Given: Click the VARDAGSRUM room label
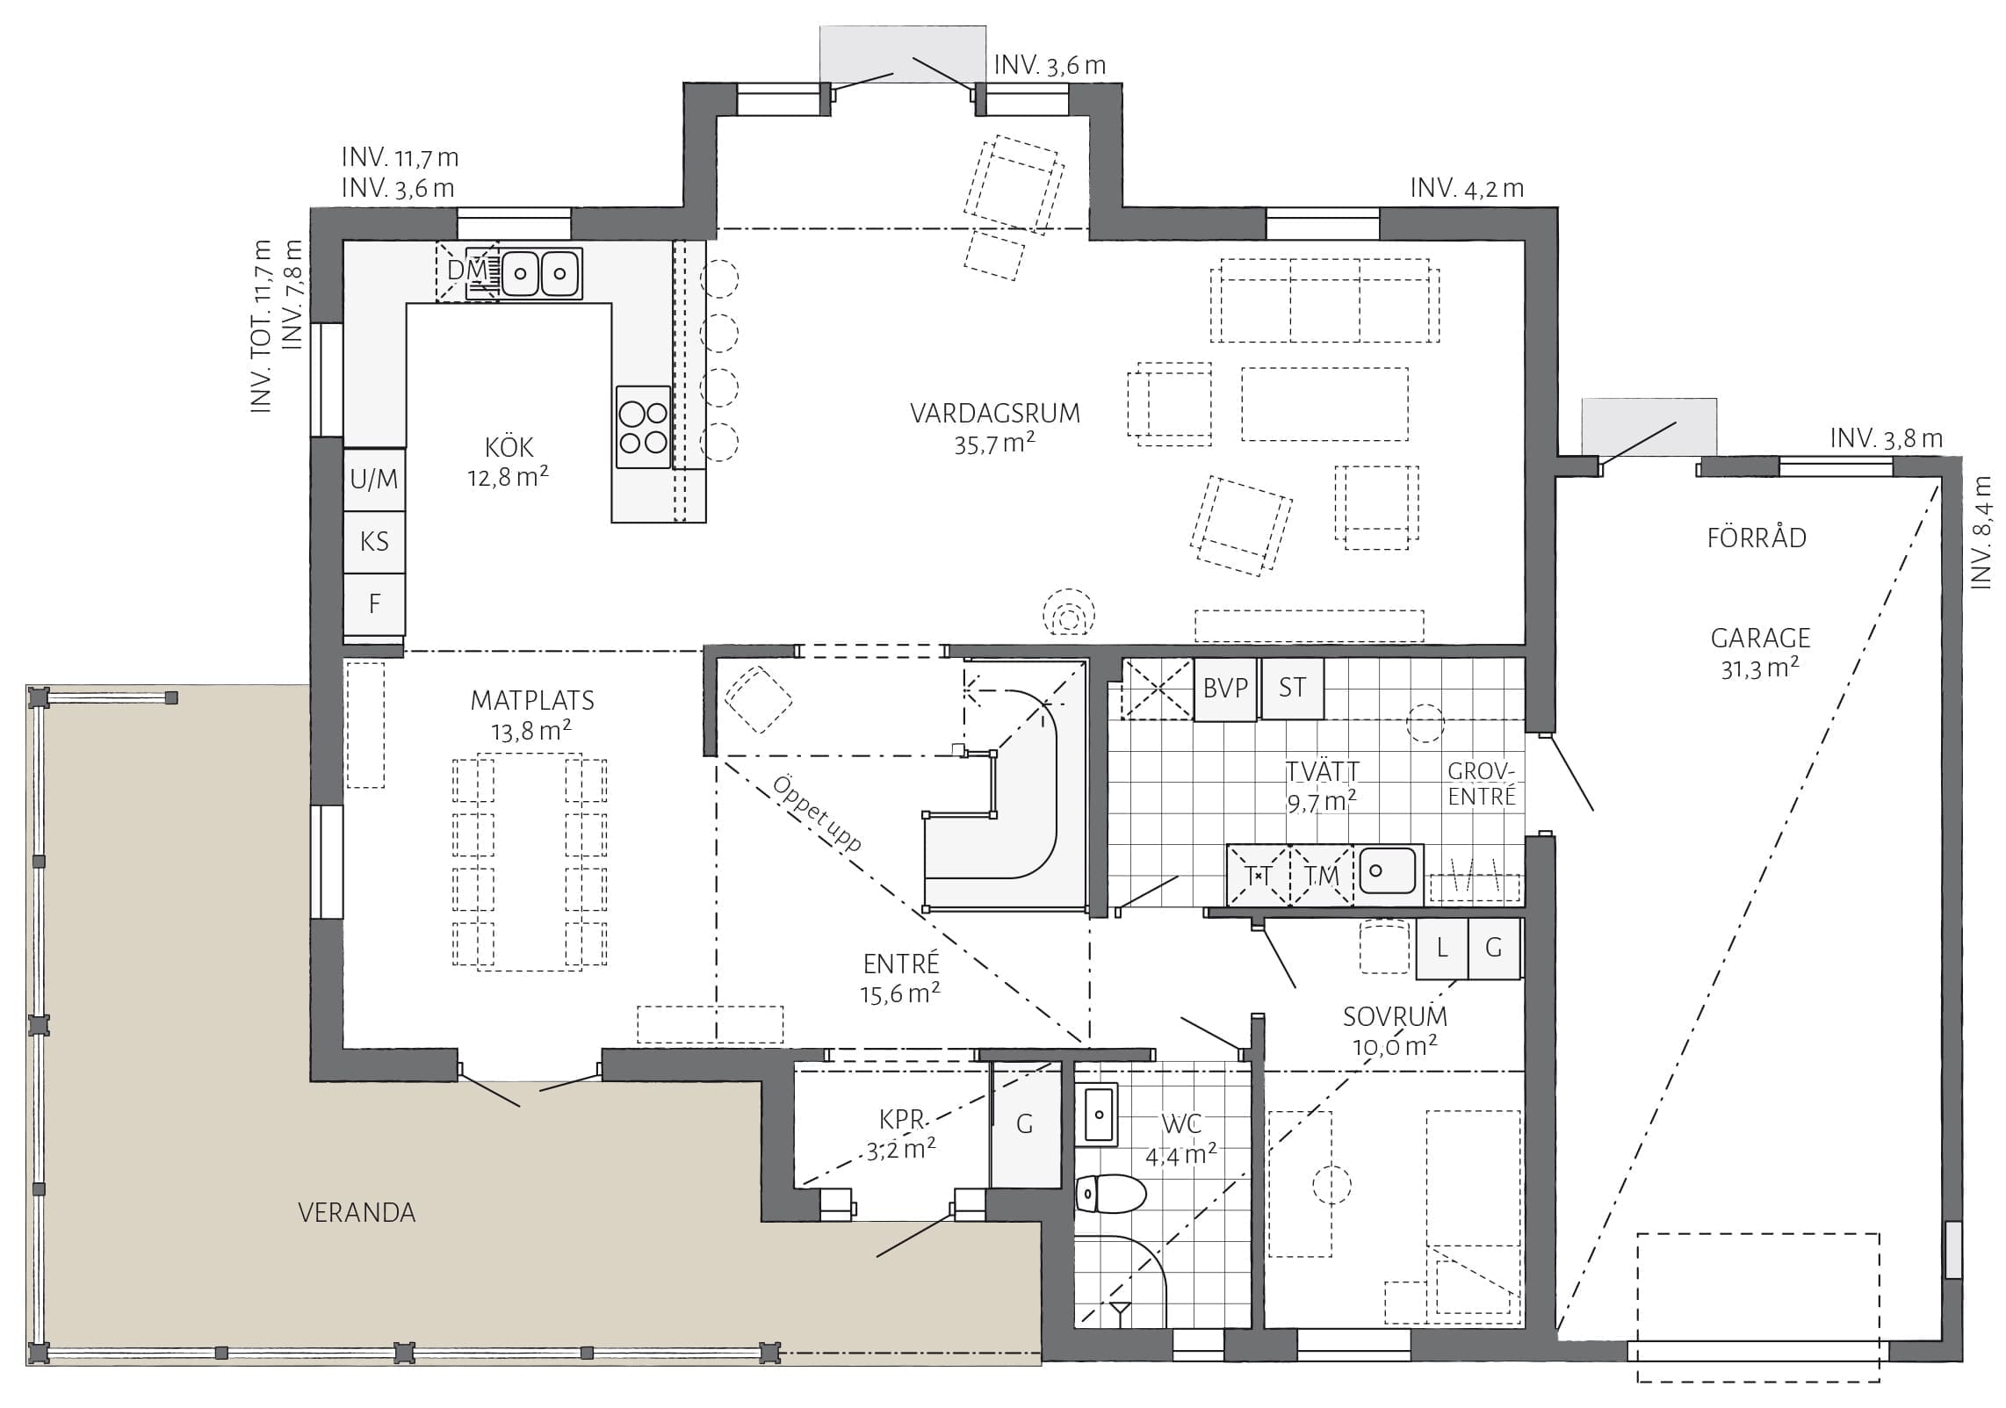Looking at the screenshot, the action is tap(995, 414).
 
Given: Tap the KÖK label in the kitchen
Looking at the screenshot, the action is tap(509, 447).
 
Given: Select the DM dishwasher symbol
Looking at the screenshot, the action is tap(468, 271).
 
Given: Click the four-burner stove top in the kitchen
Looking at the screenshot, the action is tap(644, 426).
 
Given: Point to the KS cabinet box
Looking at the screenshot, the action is tap(374, 542).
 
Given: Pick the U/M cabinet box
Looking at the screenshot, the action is tap(374, 480).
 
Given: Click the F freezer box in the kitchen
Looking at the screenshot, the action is tap(374, 604).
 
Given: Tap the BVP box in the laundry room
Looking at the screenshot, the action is tap(1225, 689).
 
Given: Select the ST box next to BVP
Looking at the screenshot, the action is tap(1292, 688).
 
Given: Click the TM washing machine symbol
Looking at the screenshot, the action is tap(1321, 876).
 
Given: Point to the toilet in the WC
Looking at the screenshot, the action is tap(1111, 1195).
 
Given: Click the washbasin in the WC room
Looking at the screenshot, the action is tap(1097, 1116).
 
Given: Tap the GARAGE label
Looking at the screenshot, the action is tap(1760, 638).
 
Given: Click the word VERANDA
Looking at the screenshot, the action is tap(357, 1213).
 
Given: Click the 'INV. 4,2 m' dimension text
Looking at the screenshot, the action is tap(1467, 188).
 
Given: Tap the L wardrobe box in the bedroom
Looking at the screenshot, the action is tap(1441, 948).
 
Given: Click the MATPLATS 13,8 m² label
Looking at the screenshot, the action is tap(532, 715).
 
